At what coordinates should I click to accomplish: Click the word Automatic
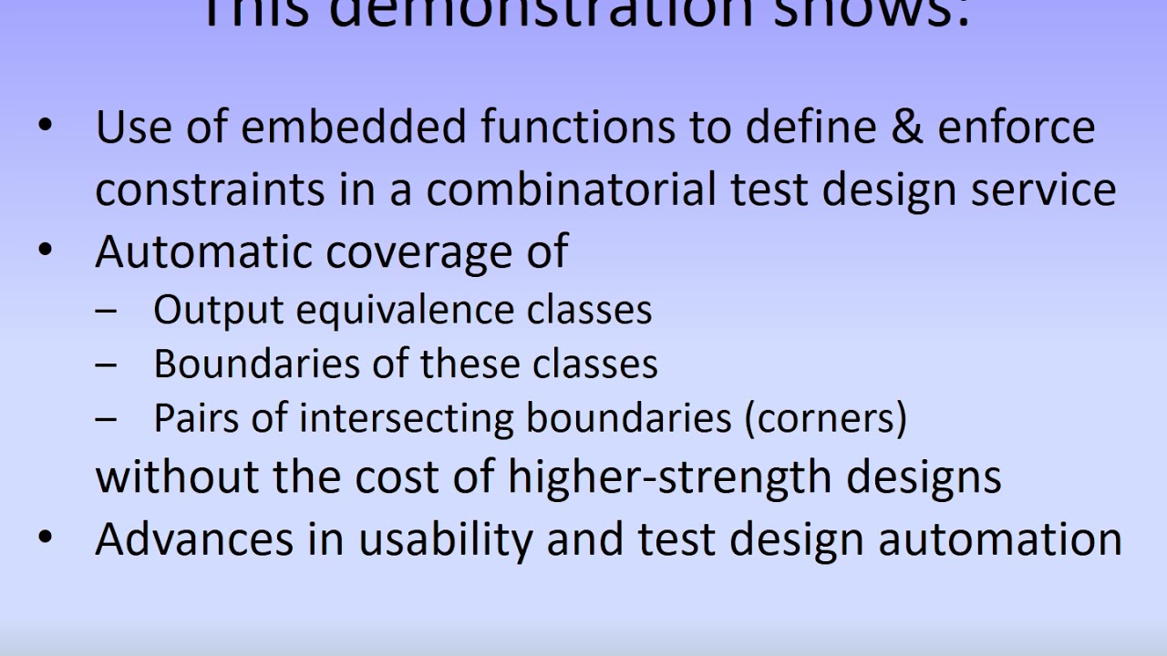pyautogui.click(x=204, y=251)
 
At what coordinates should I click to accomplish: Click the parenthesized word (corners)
pyautogui.click(x=826, y=417)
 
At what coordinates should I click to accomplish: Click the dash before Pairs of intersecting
pyautogui.click(x=106, y=419)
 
